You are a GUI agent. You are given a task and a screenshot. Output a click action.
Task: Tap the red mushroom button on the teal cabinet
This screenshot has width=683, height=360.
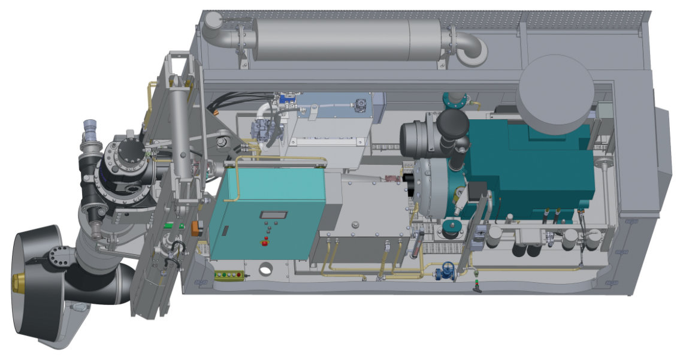tap(264, 241)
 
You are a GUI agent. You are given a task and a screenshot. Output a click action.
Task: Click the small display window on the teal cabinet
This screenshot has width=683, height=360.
tap(273, 214)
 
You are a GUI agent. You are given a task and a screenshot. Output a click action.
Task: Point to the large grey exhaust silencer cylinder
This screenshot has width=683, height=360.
tap(347, 39)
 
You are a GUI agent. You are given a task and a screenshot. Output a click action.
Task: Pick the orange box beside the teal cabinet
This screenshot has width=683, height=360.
tap(196, 228)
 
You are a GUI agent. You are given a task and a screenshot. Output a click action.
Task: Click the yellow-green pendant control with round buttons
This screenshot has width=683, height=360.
tap(229, 275)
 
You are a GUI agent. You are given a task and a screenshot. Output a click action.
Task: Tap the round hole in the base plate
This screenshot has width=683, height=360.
tap(265, 270)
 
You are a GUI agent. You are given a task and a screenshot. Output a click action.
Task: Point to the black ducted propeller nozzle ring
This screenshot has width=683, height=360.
tap(36, 282)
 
